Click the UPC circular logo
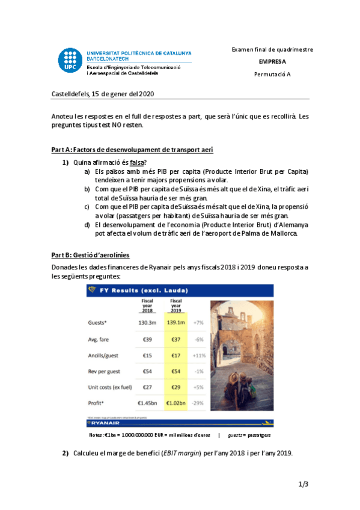tap(71, 60)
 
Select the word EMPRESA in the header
tap(272, 61)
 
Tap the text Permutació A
tap(272, 74)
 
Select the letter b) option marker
tap(87, 189)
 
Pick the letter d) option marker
tap(87, 225)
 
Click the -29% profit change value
tap(198, 402)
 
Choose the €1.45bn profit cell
tap(147, 402)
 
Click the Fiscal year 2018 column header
tap(147, 305)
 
